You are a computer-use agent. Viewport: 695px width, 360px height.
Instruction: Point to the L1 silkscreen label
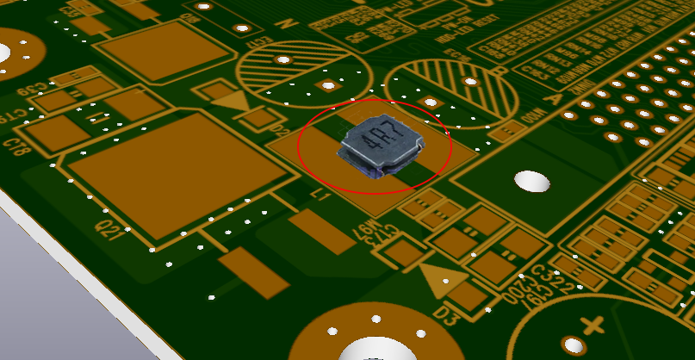pyautogui.click(x=320, y=197)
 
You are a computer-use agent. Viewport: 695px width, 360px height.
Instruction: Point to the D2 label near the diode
pyautogui.click(x=281, y=130)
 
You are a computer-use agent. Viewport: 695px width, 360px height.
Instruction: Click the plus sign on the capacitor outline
pyautogui.click(x=592, y=326)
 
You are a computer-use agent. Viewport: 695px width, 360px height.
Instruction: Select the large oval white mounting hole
pyautogui.click(x=531, y=181)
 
